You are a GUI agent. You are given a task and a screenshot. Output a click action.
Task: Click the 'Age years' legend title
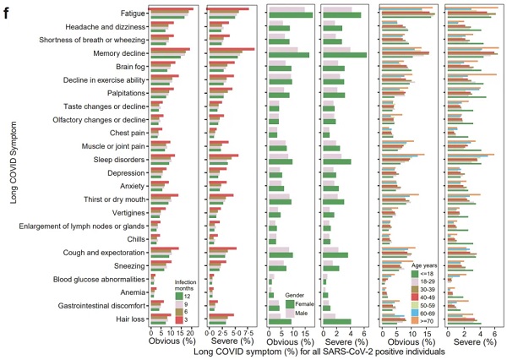[430, 263]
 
